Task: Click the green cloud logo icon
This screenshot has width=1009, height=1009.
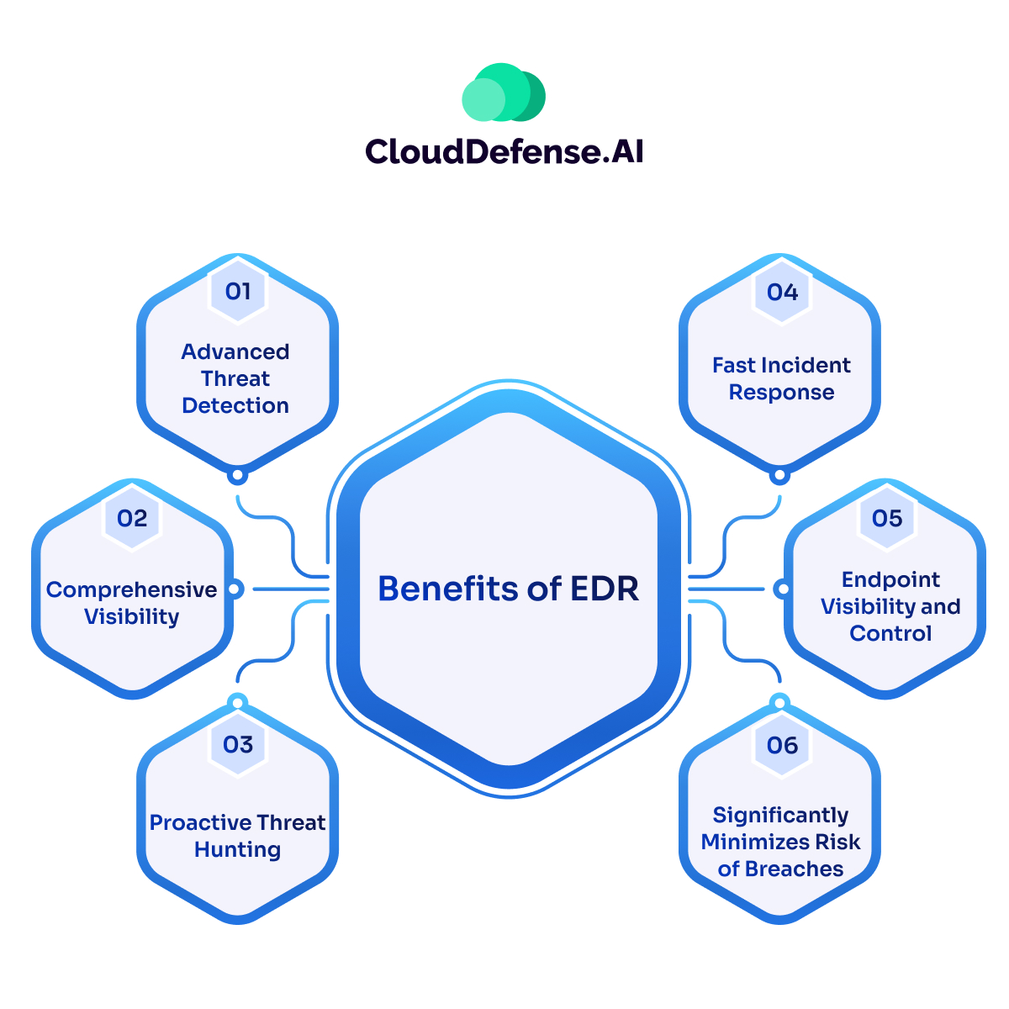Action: pos(504,92)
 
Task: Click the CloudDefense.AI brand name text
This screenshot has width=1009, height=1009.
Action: pos(504,151)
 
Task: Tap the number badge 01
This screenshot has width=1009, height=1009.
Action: pos(238,291)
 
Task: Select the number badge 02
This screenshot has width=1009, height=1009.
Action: pos(132,518)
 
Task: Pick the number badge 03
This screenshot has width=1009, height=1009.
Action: pos(238,744)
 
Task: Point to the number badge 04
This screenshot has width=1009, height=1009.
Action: pos(782,292)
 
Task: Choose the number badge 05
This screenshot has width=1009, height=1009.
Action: pos(887,518)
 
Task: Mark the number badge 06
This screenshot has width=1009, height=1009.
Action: pos(782,745)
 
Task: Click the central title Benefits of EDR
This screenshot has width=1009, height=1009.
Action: pos(509,589)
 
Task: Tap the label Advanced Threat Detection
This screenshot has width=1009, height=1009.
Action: pos(235,378)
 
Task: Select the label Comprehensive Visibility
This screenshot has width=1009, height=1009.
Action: pos(132,603)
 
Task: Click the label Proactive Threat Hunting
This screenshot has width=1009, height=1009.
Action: pos(238,836)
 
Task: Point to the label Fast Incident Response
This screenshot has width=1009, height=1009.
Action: pos(781,378)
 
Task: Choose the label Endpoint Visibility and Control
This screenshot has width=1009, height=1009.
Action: pos(890,606)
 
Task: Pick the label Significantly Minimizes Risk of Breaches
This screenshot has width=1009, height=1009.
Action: pos(781,842)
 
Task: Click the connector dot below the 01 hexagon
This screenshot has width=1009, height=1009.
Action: pos(238,476)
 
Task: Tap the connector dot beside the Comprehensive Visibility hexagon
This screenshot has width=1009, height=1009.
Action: pos(235,589)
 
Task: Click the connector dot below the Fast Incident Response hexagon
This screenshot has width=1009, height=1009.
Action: pos(780,476)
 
